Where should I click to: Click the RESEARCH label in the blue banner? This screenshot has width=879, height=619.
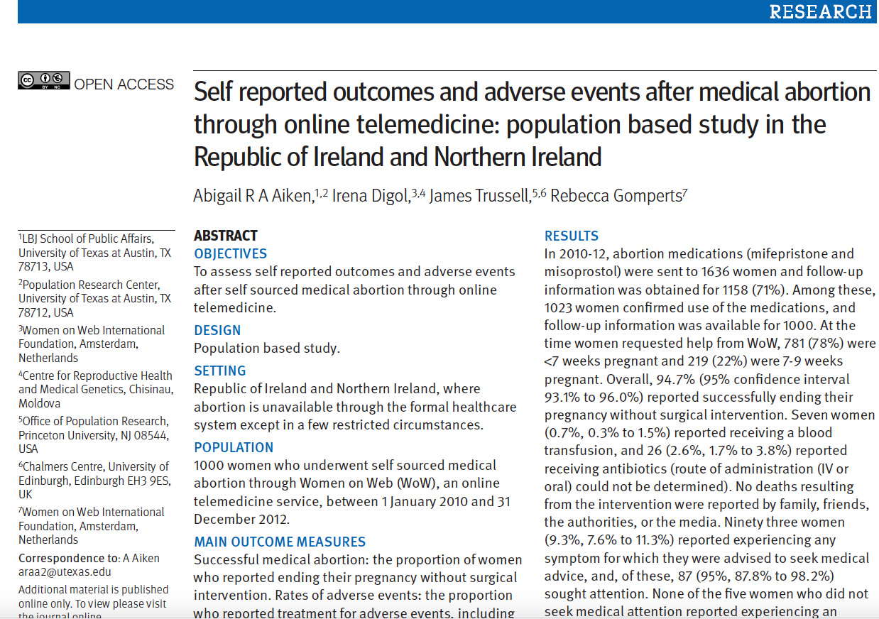820,12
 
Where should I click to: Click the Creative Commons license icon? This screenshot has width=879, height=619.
44,80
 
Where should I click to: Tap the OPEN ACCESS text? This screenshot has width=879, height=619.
124,84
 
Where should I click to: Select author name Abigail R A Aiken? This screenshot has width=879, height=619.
253,196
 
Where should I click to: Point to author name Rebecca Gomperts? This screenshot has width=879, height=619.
616,196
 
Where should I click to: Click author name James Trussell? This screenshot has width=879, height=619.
479,196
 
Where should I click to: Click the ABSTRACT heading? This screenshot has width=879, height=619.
226,236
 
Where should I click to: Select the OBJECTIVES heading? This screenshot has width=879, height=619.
231,253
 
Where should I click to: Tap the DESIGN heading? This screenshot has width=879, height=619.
217,330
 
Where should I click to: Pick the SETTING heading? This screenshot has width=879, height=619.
220,371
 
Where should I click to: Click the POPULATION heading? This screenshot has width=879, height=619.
234,447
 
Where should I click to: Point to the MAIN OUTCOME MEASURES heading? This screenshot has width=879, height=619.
280,542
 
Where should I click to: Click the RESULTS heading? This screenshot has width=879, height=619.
572,236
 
